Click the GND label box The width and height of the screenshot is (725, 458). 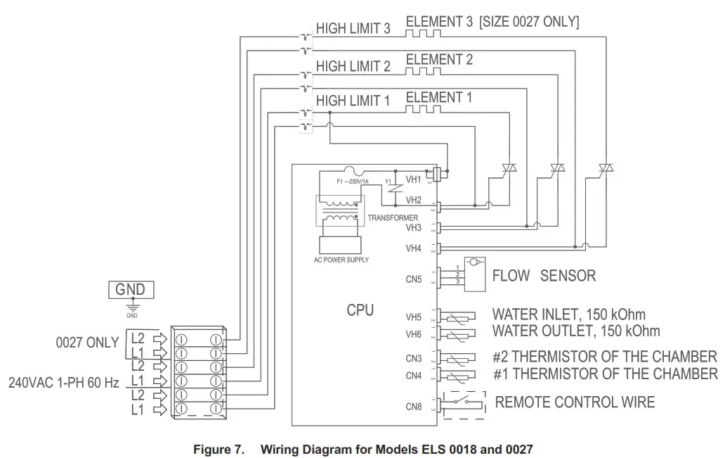[130, 289]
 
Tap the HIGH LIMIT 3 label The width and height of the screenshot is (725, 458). [353, 29]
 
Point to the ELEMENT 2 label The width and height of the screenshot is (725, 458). [439, 60]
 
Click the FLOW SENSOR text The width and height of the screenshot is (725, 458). [544, 275]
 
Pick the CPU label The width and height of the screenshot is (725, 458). [360, 310]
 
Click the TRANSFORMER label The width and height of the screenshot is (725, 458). [393, 217]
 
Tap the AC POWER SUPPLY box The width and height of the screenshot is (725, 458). [341, 244]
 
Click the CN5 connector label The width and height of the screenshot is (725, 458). [414, 279]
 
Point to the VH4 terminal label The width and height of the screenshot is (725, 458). [414, 248]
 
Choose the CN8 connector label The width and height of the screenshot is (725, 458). [414, 406]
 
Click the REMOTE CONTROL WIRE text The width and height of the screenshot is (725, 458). [575, 402]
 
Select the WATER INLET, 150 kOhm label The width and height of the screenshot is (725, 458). [568, 314]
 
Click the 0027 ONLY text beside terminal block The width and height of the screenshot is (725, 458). [87, 343]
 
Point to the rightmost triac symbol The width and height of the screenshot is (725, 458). [606, 168]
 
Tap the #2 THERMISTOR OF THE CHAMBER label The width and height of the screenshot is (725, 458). [605, 356]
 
